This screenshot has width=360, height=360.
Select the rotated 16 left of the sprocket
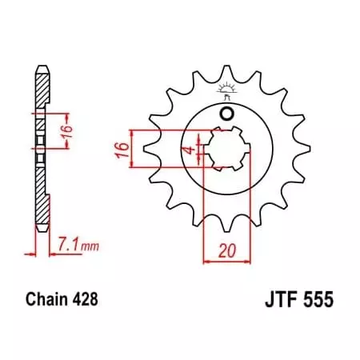tap(118, 149)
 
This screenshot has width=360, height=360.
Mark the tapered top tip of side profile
tap(39, 66)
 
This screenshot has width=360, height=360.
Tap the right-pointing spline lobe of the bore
tap(247, 149)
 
